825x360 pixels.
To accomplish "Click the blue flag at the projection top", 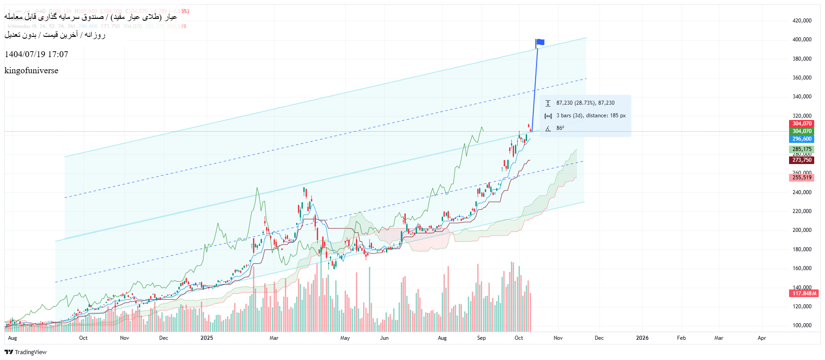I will [540, 42].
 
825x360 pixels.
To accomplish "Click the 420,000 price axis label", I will [802, 21].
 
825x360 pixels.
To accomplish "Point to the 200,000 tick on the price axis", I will [802, 230].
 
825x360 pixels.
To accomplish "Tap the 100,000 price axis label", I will [802, 325].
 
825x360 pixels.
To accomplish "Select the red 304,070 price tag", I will [802, 124].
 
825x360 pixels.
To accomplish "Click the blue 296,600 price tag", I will [802, 139].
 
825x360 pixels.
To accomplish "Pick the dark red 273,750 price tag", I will [802, 160].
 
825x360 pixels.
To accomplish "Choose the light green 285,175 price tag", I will [802, 149].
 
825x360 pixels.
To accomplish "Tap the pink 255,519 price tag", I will [802, 178].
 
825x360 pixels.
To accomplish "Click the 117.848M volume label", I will [804, 293].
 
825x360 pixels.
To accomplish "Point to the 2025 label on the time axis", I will [207, 338].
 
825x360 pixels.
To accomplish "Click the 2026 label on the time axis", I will [642, 338].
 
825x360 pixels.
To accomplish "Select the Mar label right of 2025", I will [274, 338].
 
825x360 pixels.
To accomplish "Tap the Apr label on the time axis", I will [762, 338].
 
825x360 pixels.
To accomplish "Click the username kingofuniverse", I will [31, 71].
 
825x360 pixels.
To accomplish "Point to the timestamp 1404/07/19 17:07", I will [36, 54].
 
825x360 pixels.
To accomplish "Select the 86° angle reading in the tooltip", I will [560, 128].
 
